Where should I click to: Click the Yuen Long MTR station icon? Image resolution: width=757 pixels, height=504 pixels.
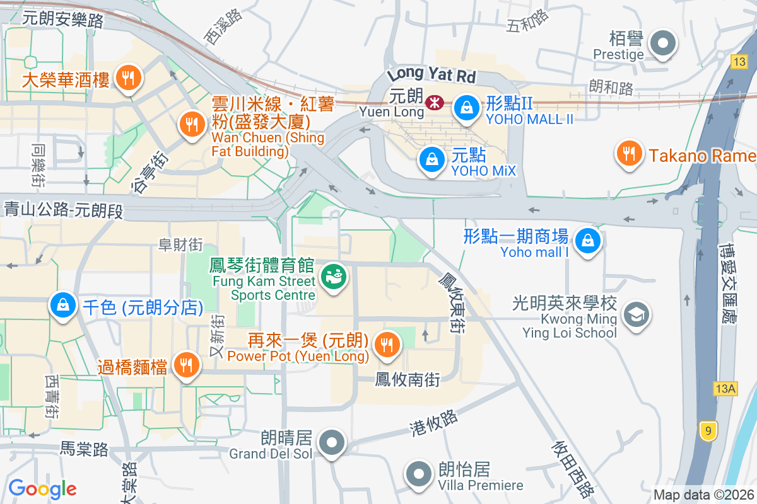pyautogui.click(x=434, y=102)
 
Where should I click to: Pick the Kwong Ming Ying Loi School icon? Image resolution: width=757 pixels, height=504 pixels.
pyautogui.click(x=636, y=312)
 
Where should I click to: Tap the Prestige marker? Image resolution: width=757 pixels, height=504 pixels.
pyautogui.click(x=662, y=44)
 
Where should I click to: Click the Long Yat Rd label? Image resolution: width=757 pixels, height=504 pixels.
pyautogui.click(x=431, y=76)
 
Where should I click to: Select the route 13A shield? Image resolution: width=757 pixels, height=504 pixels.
pyautogui.click(x=725, y=389)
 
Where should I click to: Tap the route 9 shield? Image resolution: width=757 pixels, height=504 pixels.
pyautogui.click(x=708, y=432)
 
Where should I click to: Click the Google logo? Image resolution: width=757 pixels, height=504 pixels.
pyautogui.click(x=42, y=488)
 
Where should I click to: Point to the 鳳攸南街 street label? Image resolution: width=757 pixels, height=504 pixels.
pyautogui.click(x=407, y=379)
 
